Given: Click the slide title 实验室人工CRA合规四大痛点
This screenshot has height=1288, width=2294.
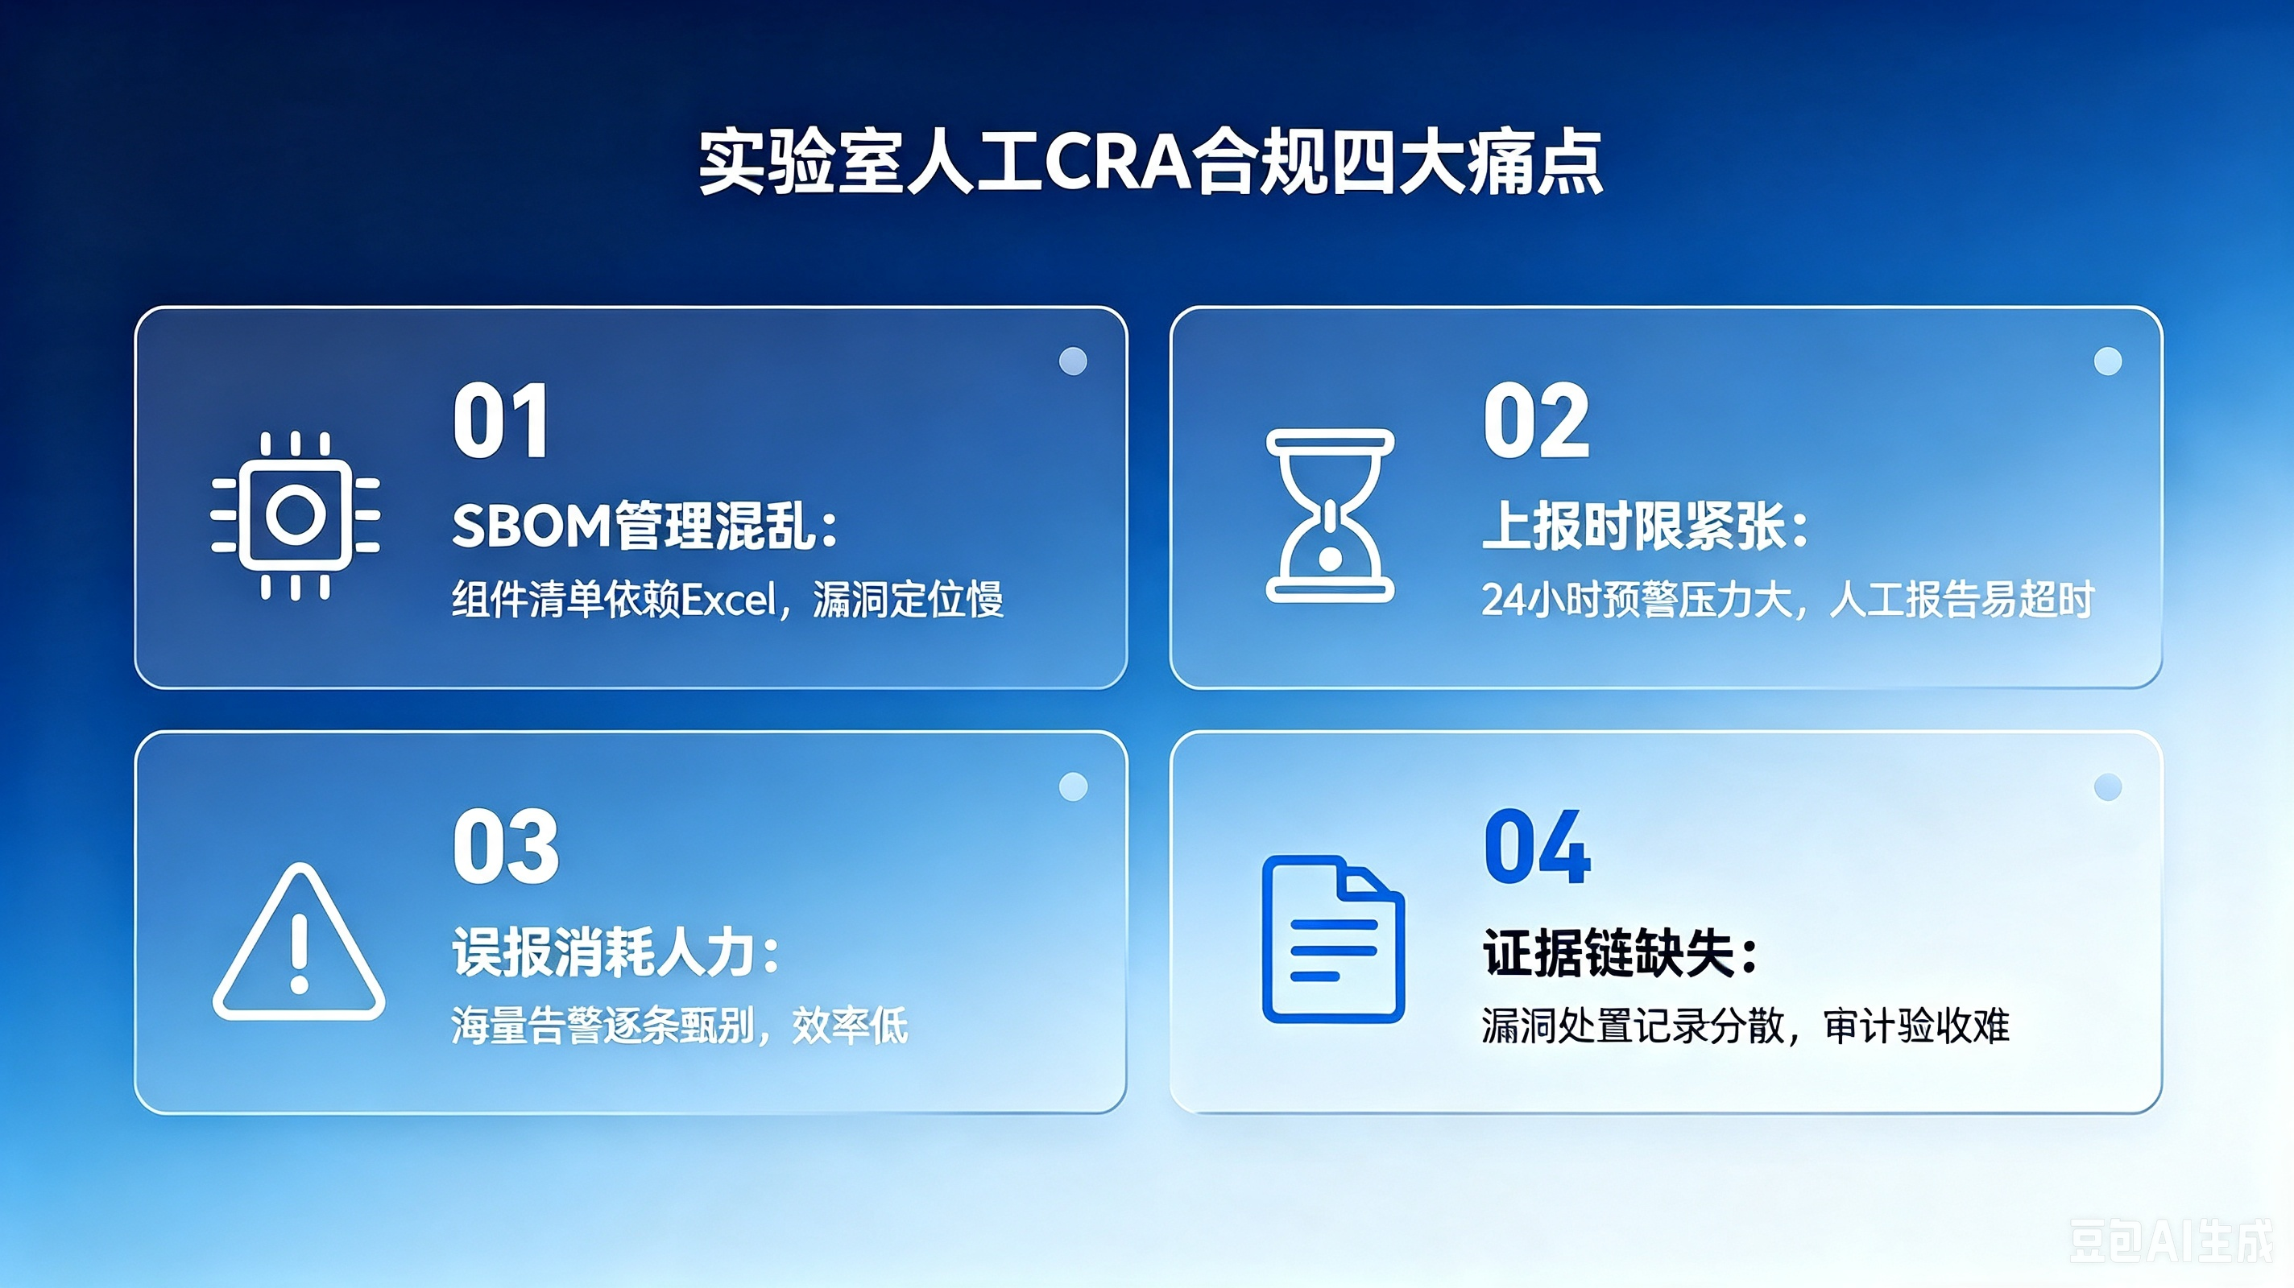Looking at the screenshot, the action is click(x=1149, y=162).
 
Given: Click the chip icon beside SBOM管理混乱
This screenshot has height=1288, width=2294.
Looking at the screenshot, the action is click(x=296, y=515).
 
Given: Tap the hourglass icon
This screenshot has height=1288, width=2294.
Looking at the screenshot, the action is click(x=1330, y=515).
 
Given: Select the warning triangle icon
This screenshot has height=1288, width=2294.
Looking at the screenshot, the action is click(x=298, y=941).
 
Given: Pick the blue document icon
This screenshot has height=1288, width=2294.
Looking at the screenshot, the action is click(x=1333, y=939).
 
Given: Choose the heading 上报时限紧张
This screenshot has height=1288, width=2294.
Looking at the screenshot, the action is click(x=1645, y=526).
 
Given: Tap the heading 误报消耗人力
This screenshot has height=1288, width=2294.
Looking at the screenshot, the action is click(x=616, y=952).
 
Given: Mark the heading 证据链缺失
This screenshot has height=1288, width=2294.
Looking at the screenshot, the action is click(x=1620, y=952).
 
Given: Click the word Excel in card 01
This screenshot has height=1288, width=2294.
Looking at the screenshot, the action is click(x=728, y=599).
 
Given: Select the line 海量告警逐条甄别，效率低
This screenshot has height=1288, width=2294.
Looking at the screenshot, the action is click(x=680, y=1025).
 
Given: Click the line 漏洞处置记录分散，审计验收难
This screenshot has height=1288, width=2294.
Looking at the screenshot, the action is click(x=1745, y=1025).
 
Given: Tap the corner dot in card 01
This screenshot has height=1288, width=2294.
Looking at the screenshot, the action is click(x=1073, y=361).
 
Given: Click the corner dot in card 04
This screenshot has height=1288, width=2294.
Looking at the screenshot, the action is click(x=2108, y=786).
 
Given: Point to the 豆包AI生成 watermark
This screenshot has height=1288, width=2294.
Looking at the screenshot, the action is click(x=2170, y=1241).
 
